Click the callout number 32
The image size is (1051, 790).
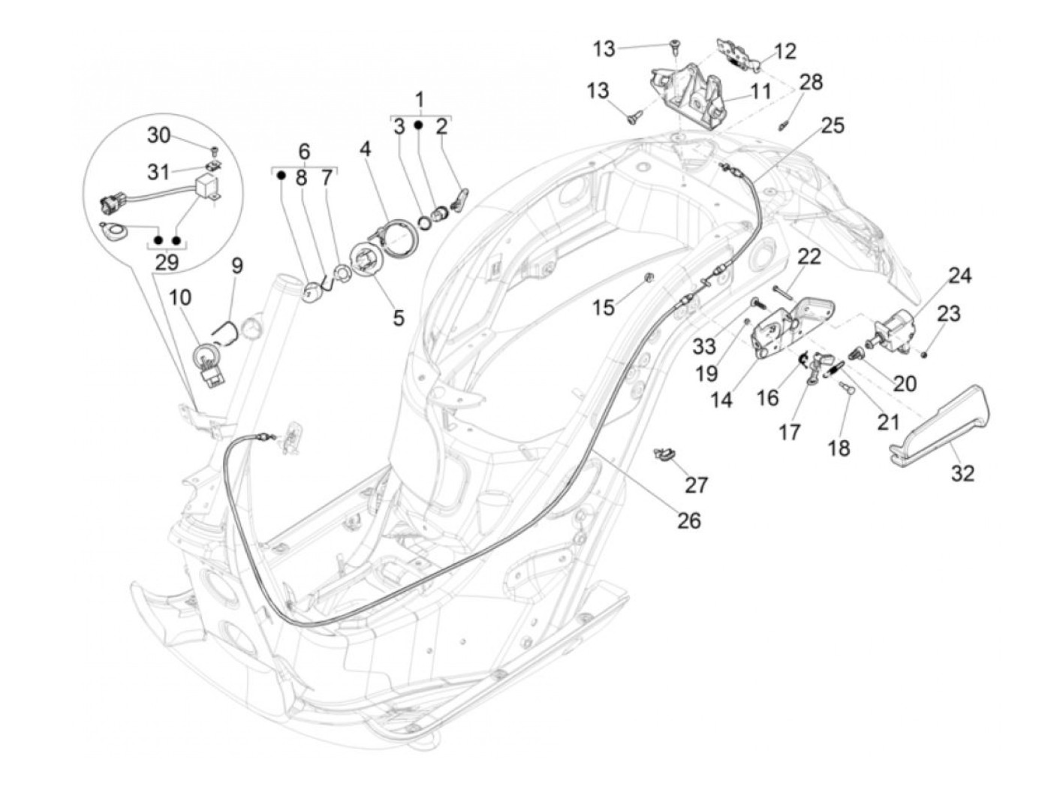(x=962, y=473)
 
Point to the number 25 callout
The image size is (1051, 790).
(x=831, y=125)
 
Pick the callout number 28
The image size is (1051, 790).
(x=810, y=82)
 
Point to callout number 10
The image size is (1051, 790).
(x=180, y=297)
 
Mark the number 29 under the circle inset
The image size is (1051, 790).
(x=167, y=262)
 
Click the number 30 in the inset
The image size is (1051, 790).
(x=158, y=136)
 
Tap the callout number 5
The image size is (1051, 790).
(x=398, y=318)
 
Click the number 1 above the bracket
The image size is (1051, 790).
(x=420, y=99)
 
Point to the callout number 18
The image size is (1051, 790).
(x=839, y=448)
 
